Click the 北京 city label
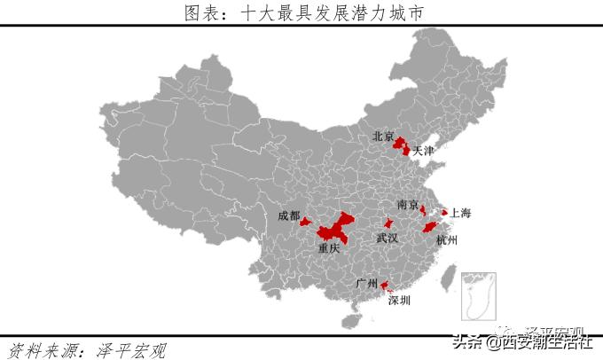pyautogui.click(x=383, y=137)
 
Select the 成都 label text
pyautogui.click(x=288, y=215)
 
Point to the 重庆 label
pyautogui.click(x=329, y=249)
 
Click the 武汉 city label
pyautogui.click(x=388, y=239)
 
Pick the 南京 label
pyautogui.click(x=408, y=205)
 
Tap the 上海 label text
pyautogui.click(x=460, y=213)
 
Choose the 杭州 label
pyautogui.click(x=446, y=240)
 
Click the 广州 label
pyautogui.click(x=366, y=284)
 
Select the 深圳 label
pyautogui.click(x=399, y=301)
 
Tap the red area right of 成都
pyautogui.click(x=306, y=222)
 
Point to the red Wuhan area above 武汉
pyautogui.click(x=388, y=223)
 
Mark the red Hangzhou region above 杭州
pyautogui.click(x=431, y=226)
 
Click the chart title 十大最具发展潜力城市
pyautogui.click(x=301, y=12)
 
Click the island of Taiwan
pyautogui.click(x=449, y=281)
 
